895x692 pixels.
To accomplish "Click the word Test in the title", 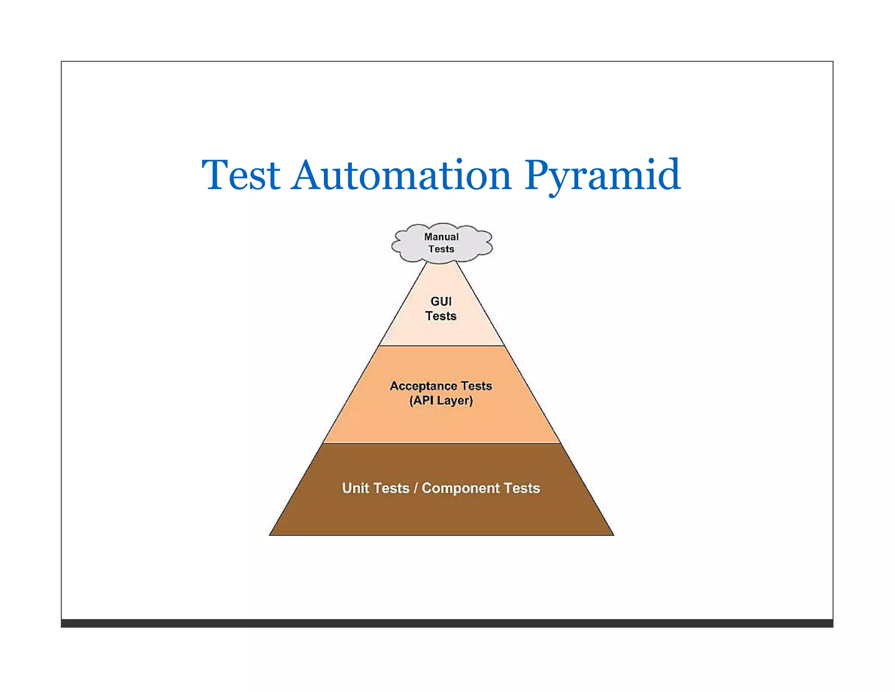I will tap(241, 175).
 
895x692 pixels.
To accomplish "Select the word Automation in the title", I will tap(401, 175).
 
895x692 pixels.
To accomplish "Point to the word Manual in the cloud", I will tap(441, 237).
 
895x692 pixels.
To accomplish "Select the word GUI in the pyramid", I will tap(441, 301).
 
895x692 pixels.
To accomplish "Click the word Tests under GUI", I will tap(441, 316).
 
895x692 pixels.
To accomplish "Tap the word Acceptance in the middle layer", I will tap(423, 386).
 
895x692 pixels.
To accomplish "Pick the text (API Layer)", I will tap(441, 400).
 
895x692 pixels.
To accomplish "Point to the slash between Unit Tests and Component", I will tap(416, 488).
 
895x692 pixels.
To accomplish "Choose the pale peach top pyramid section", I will tap(441, 332).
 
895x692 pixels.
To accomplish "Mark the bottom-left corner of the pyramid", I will tap(270, 535).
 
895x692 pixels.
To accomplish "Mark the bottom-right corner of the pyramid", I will tap(613, 535).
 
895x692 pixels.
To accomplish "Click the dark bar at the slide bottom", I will tap(447, 623).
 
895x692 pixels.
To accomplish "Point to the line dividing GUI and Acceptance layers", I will tap(441, 346).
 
